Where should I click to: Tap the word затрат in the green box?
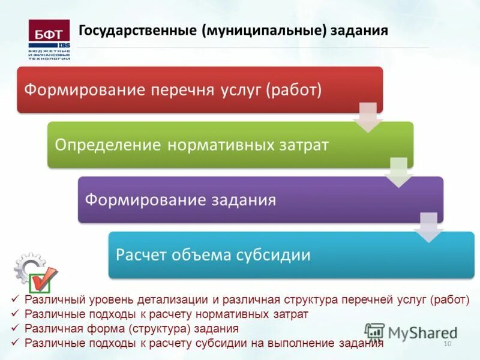coord(303,145)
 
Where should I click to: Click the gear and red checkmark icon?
coord(36,273)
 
